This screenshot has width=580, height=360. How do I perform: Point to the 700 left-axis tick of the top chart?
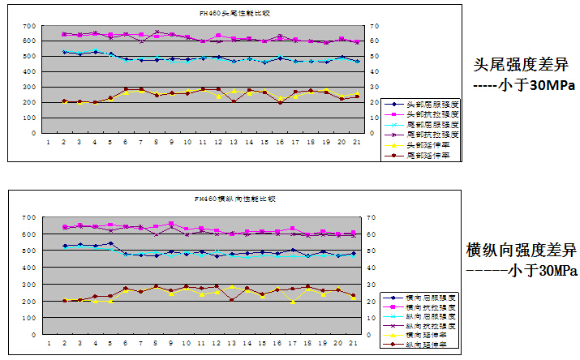[x=29, y=26]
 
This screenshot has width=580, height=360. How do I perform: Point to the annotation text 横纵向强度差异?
[x=522, y=249]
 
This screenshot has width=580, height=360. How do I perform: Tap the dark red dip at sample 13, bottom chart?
[x=234, y=300]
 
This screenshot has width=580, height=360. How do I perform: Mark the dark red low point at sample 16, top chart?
[x=280, y=103]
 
